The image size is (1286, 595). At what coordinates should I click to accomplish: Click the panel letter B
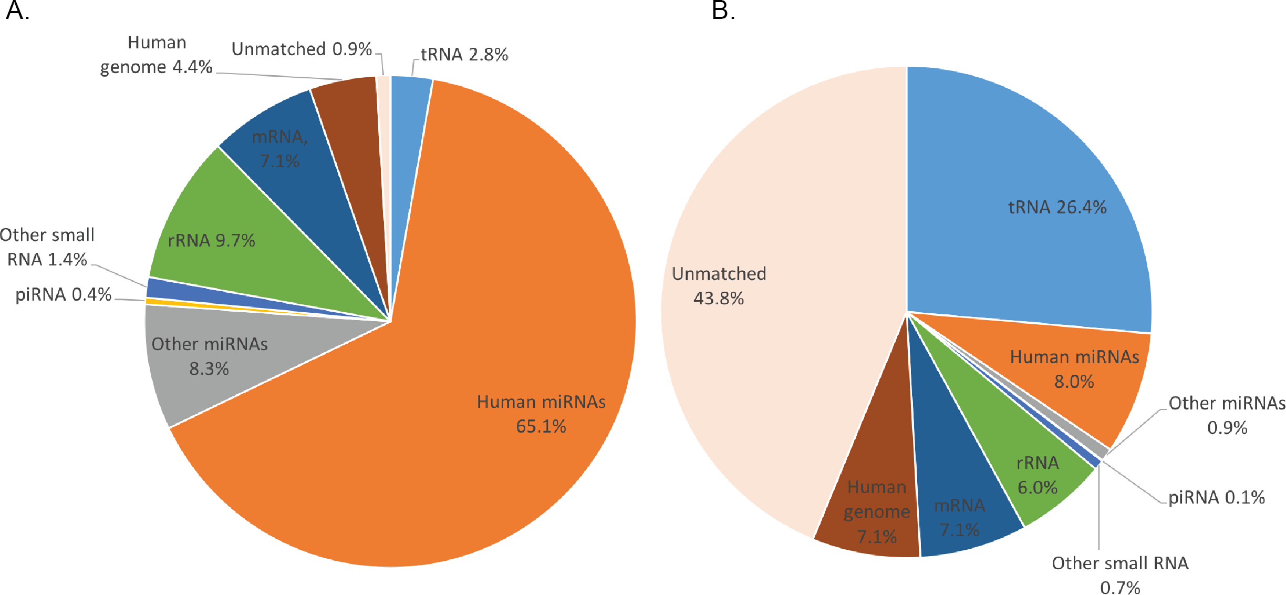(x=723, y=11)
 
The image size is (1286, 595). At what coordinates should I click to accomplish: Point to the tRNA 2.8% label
(x=464, y=55)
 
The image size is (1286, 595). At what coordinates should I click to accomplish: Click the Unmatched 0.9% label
(x=302, y=49)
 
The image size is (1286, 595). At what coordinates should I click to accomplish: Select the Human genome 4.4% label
(x=156, y=55)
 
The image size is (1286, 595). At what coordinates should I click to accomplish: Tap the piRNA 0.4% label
(x=64, y=294)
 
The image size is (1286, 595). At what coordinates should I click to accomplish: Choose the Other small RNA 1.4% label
(x=47, y=247)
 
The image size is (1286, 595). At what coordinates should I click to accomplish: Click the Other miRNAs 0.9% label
(x=1227, y=415)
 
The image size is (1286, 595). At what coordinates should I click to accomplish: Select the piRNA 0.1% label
(x=1217, y=497)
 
